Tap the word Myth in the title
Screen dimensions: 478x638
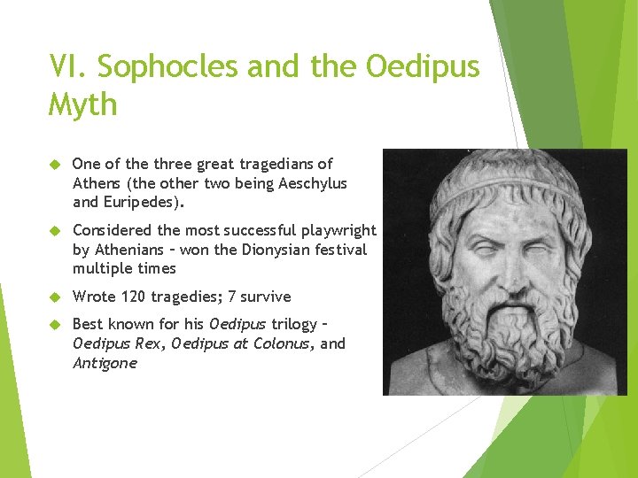coord(83,104)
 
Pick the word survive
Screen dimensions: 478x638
coord(264,297)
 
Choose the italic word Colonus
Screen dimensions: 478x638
coord(278,343)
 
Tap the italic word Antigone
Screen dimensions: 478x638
coord(105,363)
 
